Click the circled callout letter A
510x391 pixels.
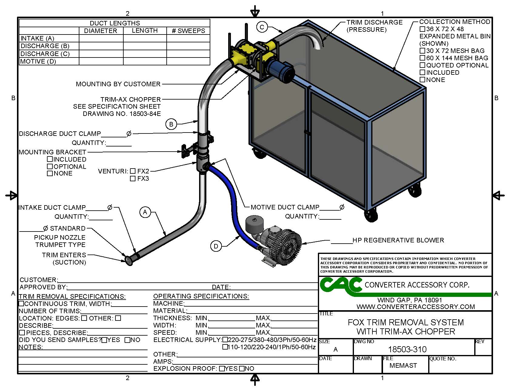coord(145,212)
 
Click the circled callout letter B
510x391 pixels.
coord(171,124)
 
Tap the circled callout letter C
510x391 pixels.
coord(262,27)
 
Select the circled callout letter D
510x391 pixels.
coord(216,246)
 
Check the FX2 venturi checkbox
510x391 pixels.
coord(133,171)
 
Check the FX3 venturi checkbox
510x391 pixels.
coord(133,179)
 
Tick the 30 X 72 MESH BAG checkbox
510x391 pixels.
coord(422,51)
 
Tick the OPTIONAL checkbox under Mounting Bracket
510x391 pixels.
coord(50,166)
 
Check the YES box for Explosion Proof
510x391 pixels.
coord(222,369)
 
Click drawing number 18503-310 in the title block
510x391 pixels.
coord(407,350)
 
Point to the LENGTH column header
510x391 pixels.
coord(145,31)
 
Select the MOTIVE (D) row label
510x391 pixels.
coord(38,61)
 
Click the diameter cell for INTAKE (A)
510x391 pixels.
coord(101,38)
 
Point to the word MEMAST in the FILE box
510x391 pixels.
coord(403,366)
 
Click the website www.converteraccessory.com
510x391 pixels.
coord(416,307)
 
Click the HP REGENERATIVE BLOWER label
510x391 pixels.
coord(398,240)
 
